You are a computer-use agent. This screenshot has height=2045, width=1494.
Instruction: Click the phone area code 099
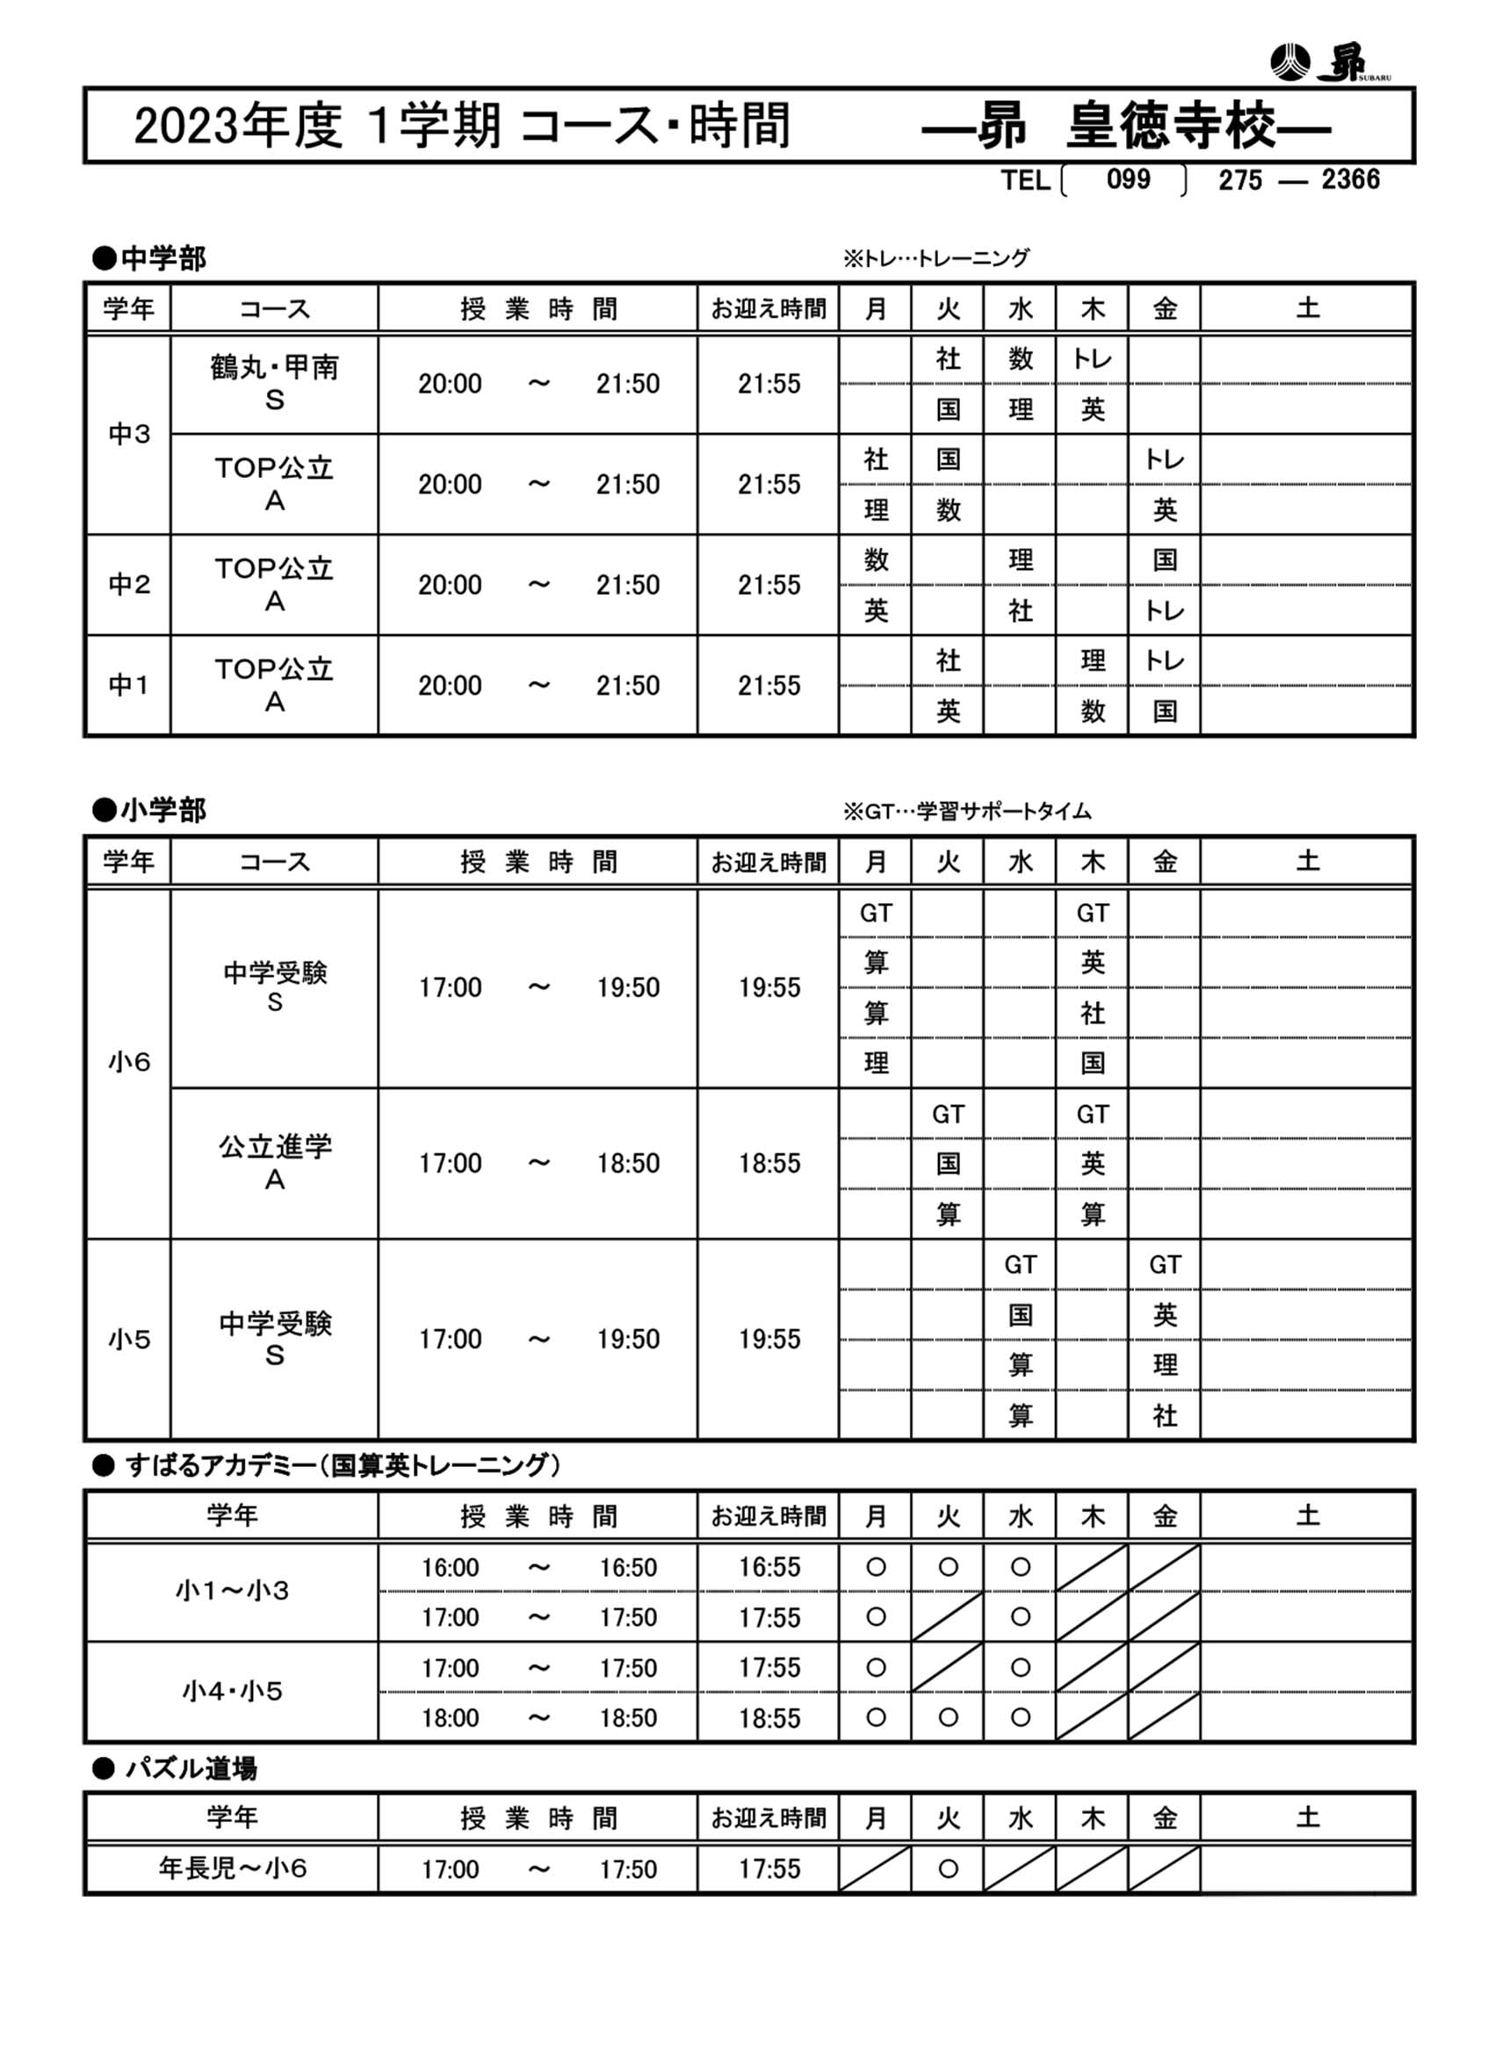point(1128,179)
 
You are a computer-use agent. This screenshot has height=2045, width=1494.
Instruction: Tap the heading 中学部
point(150,258)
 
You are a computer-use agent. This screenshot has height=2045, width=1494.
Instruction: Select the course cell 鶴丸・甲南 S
point(274,384)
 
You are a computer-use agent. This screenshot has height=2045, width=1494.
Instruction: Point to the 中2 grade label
point(128,584)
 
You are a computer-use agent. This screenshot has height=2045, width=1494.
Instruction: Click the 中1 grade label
point(128,685)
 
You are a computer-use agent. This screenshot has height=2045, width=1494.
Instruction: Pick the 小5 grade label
point(128,1339)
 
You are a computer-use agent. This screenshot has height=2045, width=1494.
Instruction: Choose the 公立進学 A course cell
point(274,1163)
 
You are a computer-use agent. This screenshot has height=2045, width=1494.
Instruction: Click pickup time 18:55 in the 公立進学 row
point(769,1163)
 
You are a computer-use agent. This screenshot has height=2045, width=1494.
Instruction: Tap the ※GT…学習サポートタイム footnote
point(967,812)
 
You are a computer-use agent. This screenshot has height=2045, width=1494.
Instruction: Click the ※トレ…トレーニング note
point(936,258)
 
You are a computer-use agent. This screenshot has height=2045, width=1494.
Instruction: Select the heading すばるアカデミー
point(328,1464)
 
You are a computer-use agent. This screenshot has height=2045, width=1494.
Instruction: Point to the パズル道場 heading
point(177,1767)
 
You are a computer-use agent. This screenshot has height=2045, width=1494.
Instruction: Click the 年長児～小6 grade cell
point(233,1868)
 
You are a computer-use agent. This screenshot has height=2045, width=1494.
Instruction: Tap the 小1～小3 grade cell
point(233,1590)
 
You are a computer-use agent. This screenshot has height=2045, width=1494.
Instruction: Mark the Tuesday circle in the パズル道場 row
point(948,1868)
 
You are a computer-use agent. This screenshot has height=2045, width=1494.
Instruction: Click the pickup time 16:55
point(769,1566)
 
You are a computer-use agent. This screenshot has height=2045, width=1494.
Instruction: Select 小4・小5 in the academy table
point(233,1690)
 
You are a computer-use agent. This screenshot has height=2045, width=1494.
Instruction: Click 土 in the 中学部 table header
point(1307,308)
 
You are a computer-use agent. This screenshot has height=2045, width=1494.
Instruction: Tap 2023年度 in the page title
point(238,126)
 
